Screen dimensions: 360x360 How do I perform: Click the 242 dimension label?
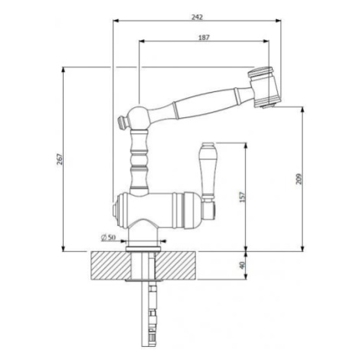(197, 17)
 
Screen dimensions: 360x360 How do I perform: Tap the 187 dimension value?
(204, 38)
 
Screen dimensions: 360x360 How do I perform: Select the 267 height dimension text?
(60, 159)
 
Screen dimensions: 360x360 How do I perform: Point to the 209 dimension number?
(299, 178)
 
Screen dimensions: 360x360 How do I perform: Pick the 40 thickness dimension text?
(242, 265)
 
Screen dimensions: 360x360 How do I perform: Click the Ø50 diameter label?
(108, 237)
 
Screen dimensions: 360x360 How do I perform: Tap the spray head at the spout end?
(264, 87)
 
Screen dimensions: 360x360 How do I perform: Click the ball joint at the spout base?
(138, 118)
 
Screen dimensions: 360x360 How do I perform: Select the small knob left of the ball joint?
(123, 123)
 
